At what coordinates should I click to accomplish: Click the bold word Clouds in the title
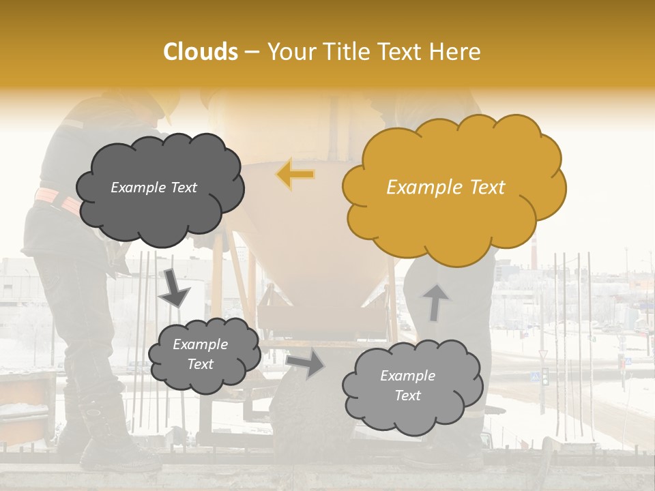click(201, 52)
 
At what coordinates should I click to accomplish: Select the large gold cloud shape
click(453, 188)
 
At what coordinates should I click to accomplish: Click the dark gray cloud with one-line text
click(160, 188)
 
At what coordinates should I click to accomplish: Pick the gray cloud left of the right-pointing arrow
click(203, 355)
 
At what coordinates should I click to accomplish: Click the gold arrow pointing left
click(296, 174)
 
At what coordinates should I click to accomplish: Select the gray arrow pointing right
click(305, 363)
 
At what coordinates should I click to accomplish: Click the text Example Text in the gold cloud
click(446, 188)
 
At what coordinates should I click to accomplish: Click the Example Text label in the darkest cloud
click(154, 188)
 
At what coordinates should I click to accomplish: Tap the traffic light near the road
click(544, 376)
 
